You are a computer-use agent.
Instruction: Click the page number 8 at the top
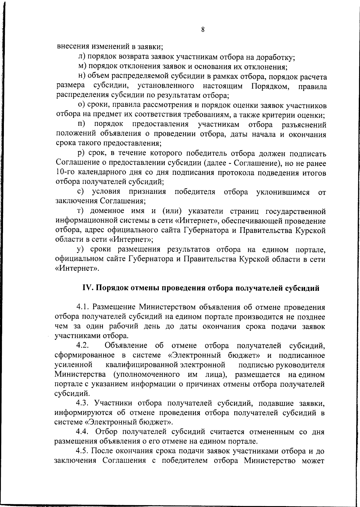pos(203,29)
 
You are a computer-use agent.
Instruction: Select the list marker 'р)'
pos(81,154)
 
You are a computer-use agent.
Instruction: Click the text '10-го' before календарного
pos(65,173)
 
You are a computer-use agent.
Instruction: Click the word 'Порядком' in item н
pos(270,87)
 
